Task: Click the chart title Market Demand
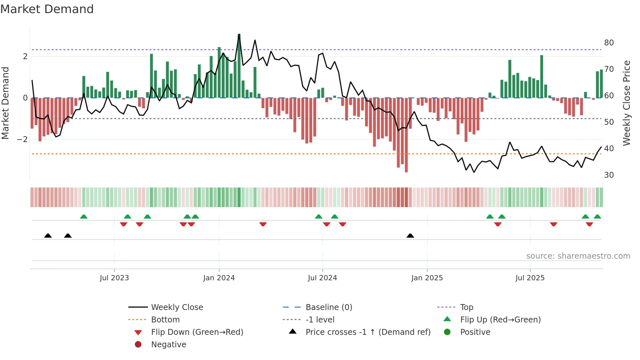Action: pyautogui.click(x=47, y=9)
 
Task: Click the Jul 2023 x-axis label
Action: pyautogui.click(x=114, y=278)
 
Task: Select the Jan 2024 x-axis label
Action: pyautogui.click(x=219, y=278)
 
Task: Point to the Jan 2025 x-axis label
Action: pyautogui.click(x=427, y=278)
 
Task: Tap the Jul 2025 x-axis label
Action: pyautogui.click(x=530, y=278)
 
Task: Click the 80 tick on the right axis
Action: pyautogui.click(x=609, y=43)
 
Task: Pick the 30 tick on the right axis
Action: pyautogui.click(x=609, y=175)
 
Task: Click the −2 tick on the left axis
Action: pyautogui.click(x=23, y=139)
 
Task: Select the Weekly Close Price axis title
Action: pyautogui.click(x=626, y=103)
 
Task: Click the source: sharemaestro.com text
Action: pyautogui.click(x=578, y=256)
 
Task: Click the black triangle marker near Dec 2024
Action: pyautogui.click(x=410, y=236)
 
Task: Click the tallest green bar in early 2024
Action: pyautogui.click(x=239, y=65)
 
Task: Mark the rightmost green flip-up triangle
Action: pyautogui.click(x=597, y=217)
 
